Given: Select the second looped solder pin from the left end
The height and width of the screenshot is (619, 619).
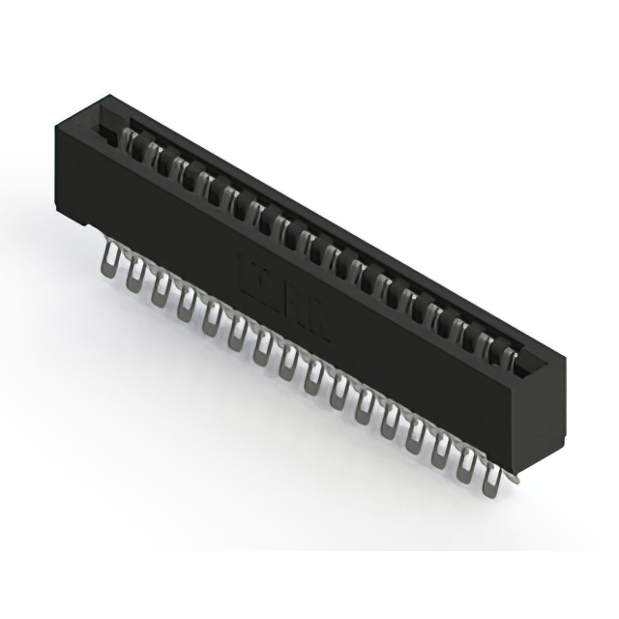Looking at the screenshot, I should tap(134, 275).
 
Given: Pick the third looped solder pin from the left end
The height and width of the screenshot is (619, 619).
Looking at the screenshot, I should tap(161, 289).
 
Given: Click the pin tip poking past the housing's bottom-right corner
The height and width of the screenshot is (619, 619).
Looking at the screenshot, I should tap(514, 477).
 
